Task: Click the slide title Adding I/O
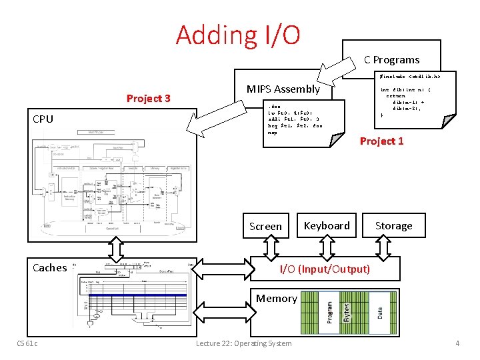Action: (x=238, y=35)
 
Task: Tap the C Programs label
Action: (x=391, y=59)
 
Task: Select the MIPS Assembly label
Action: (x=283, y=89)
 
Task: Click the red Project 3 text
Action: (x=148, y=99)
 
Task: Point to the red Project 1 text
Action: (x=381, y=141)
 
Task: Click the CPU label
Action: (x=43, y=119)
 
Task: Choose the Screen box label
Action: (x=265, y=226)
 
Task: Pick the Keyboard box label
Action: (x=327, y=225)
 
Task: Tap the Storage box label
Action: (x=393, y=225)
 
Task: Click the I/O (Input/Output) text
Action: (x=325, y=269)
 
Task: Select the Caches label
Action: (x=50, y=267)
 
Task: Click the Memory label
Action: (x=277, y=298)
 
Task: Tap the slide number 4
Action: (x=457, y=343)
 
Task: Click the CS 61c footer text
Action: (x=27, y=343)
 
